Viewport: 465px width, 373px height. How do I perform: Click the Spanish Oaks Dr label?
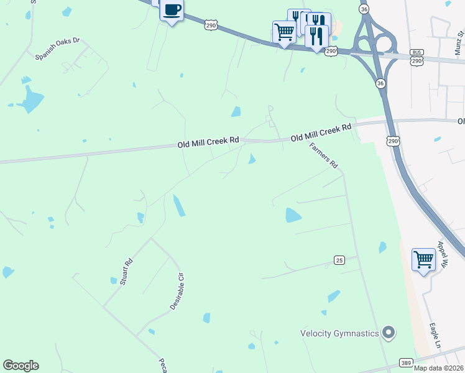58,48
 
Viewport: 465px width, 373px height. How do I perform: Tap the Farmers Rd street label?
323,156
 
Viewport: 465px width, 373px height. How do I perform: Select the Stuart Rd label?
126,272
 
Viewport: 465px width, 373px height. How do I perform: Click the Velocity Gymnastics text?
339,333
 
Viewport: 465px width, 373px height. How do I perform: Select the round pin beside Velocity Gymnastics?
389,333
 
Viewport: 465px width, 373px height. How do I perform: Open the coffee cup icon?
172,11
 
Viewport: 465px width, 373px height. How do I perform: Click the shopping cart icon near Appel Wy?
423,259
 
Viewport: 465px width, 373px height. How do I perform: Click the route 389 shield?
406,362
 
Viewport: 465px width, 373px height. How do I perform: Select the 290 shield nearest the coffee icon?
211,24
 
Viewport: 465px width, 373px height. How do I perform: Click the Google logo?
21,366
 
